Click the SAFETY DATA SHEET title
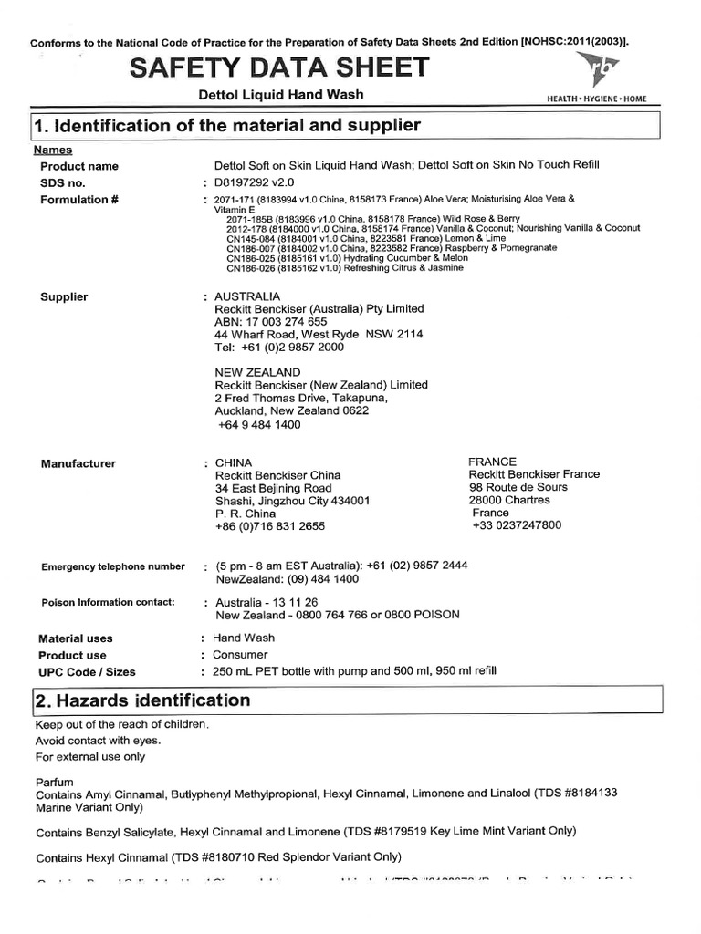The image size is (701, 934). tap(279, 67)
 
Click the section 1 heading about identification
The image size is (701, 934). tap(227, 125)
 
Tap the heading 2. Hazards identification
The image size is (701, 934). tap(142, 700)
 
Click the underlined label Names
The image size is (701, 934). tap(53, 150)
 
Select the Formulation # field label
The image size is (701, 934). tap(80, 200)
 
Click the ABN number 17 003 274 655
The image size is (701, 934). tap(270, 322)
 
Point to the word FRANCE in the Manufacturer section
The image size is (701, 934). tap(492, 462)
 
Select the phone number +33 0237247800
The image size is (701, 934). tap(518, 525)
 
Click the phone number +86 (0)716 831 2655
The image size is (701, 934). tap(269, 526)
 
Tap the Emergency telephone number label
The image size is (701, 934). tap(113, 566)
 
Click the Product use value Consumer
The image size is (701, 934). tap(240, 655)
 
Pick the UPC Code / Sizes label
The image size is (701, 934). tap(87, 672)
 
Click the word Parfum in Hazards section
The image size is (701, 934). tap(54, 783)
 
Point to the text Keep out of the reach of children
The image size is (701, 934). tap(122, 724)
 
